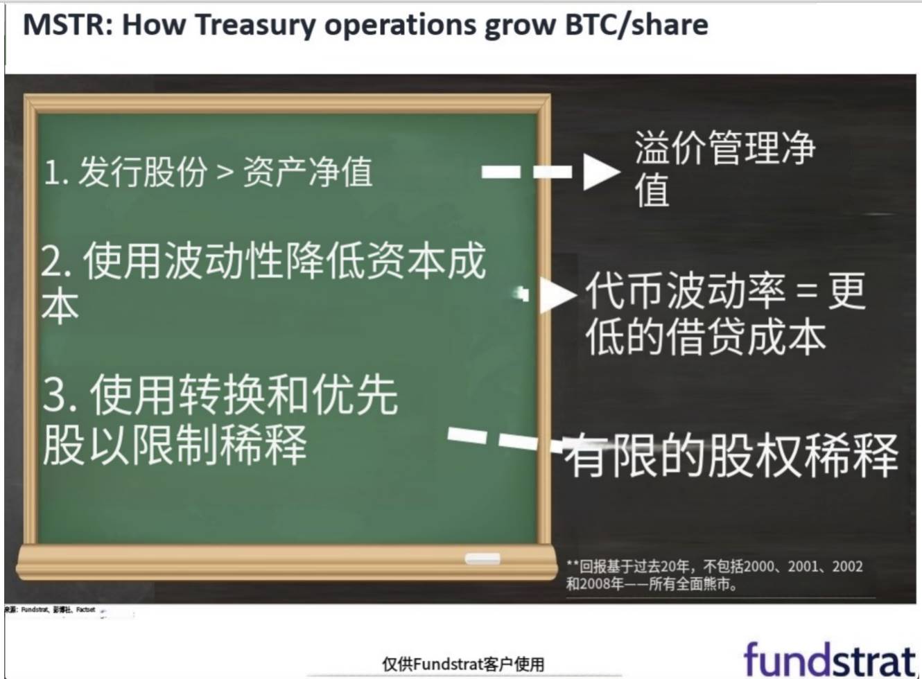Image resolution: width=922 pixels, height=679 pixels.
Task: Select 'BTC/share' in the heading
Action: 636,25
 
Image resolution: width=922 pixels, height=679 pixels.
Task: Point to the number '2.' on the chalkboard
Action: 57,263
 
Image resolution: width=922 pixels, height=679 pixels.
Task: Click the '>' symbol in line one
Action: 225,172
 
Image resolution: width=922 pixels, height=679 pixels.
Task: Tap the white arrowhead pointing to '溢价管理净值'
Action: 600,172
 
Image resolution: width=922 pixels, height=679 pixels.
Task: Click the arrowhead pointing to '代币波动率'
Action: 557,294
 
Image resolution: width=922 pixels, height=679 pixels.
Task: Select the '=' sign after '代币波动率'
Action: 806,291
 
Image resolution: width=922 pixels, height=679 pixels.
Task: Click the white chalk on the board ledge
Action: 482,558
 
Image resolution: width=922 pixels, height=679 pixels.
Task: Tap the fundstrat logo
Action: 829,659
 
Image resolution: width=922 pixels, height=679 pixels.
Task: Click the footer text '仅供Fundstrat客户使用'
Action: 463,664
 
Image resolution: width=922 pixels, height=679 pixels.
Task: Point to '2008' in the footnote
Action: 595,584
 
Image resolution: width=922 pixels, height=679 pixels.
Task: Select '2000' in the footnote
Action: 758,567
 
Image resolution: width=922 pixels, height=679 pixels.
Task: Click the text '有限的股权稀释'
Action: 731,456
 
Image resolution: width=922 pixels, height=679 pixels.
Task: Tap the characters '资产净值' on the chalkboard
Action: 308,172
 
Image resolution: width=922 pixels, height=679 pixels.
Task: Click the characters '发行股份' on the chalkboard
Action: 142,172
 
